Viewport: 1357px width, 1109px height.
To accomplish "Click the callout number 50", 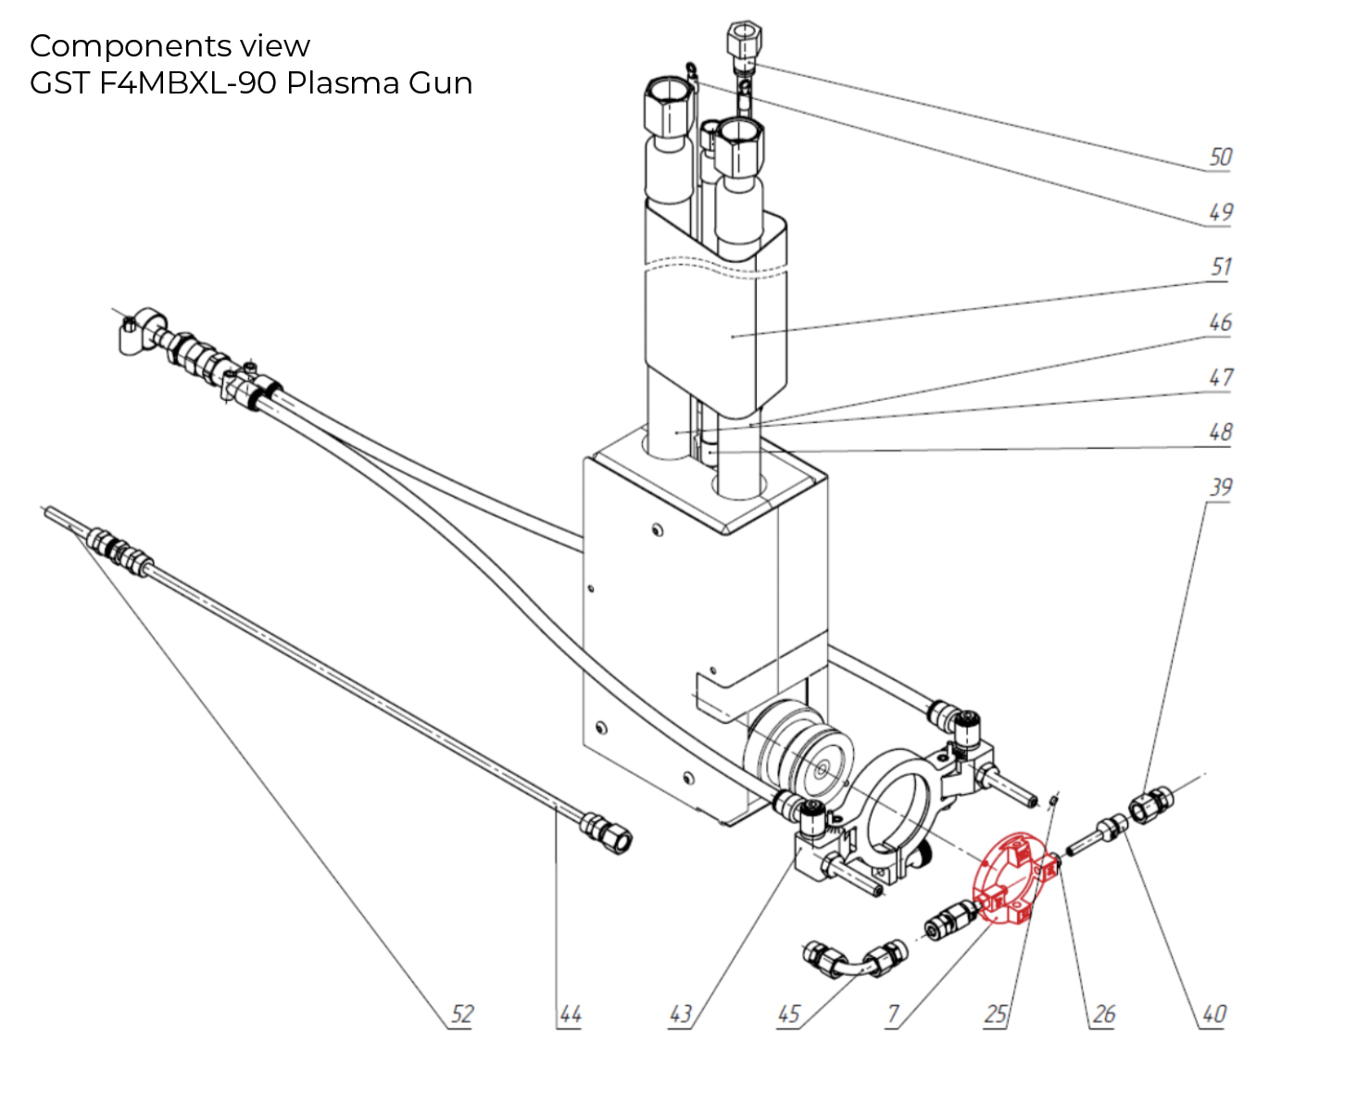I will (x=1220, y=157).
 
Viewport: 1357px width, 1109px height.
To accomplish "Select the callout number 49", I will (x=1220, y=213).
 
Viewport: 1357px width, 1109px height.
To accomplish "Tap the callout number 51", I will (x=1221, y=268).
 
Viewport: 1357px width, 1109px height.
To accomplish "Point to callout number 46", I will (x=1220, y=323).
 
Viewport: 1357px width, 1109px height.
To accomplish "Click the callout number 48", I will (x=1220, y=432).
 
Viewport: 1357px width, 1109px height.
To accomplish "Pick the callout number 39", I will (x=1221, y=488).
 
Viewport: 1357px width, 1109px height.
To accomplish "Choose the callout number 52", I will (x=461, y=1015).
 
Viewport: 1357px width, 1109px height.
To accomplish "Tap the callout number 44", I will (x=570, y=1016).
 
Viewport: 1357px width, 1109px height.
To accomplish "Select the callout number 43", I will (x=681, y=1015).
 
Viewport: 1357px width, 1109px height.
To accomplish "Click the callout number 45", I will (x=788, y=1015).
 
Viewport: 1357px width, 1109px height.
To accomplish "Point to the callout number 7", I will (x=893, y=1015).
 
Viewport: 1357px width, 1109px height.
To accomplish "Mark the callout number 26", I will (x=1103, y=1015).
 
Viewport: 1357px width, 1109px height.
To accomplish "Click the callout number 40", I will (x=1213, y=1015).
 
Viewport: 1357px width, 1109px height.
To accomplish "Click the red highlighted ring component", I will (x=1012, y=879).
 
